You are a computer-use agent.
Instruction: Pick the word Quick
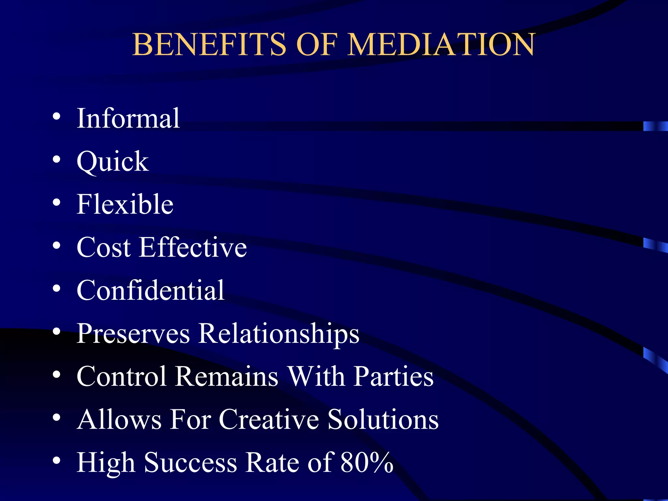point(113,161)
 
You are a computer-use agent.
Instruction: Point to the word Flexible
point(125,204)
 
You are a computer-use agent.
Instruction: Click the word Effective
point(193,247)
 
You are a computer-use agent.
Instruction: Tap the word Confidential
point(150,290)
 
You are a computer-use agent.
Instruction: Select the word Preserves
point(133,334)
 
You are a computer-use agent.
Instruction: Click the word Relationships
point(279,333)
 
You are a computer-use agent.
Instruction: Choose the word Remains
point(227,376)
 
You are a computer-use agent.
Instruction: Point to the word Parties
point(394,376)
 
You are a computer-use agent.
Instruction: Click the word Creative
point(269,419)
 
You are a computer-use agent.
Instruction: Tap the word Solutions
point(383,419)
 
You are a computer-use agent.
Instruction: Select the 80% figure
point(367,463)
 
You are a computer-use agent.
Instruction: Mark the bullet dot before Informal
point(56,117)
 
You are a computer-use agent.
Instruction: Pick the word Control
point(121,376)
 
